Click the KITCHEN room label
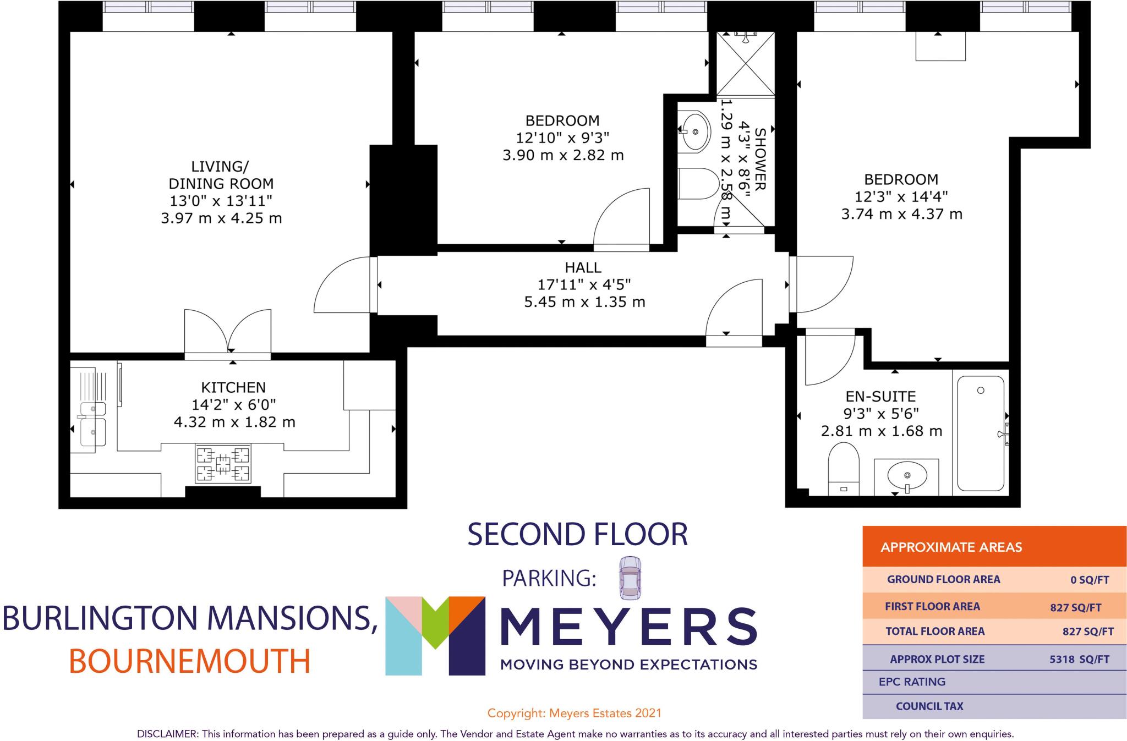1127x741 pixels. (x=233, y=387)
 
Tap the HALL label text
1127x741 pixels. (x=583, y=268)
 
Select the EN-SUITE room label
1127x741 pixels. (x=880, y=397)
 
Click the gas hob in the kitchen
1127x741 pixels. (x=223, y=464)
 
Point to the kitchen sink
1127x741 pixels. (x=92, y=424)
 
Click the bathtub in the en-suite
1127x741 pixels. (x=981, y=433)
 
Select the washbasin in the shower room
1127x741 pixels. (x=695, y=131)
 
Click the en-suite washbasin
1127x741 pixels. (x=906, y=476)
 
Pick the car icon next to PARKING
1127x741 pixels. (x=630, y=578)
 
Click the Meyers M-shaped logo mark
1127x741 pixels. (x=435, y=635)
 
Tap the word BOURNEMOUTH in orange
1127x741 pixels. (x=190, y=662)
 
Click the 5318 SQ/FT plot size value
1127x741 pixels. (x=1079, y=659)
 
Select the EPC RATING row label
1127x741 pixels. (x=912, y=682)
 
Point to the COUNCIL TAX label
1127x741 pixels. (x=929, y=706)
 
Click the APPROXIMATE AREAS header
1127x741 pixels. (x=951, y=547)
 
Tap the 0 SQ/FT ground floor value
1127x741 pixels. (x=1090, y=580)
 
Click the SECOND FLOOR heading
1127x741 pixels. (x=577, y=535)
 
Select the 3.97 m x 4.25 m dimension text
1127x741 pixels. (x=221, y=219)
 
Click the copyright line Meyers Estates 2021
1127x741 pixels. (x=574, y=713)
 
